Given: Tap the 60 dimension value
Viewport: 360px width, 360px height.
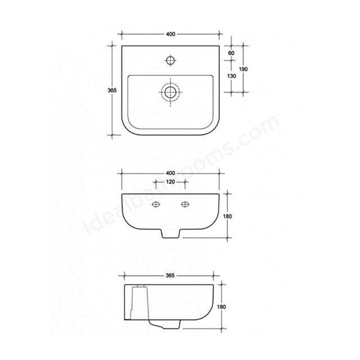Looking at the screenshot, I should [x=231, y=53].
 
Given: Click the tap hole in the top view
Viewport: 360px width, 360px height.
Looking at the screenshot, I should [x=170, y=58].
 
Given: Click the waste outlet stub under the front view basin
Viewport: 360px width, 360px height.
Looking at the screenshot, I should [x=169, y=233].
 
